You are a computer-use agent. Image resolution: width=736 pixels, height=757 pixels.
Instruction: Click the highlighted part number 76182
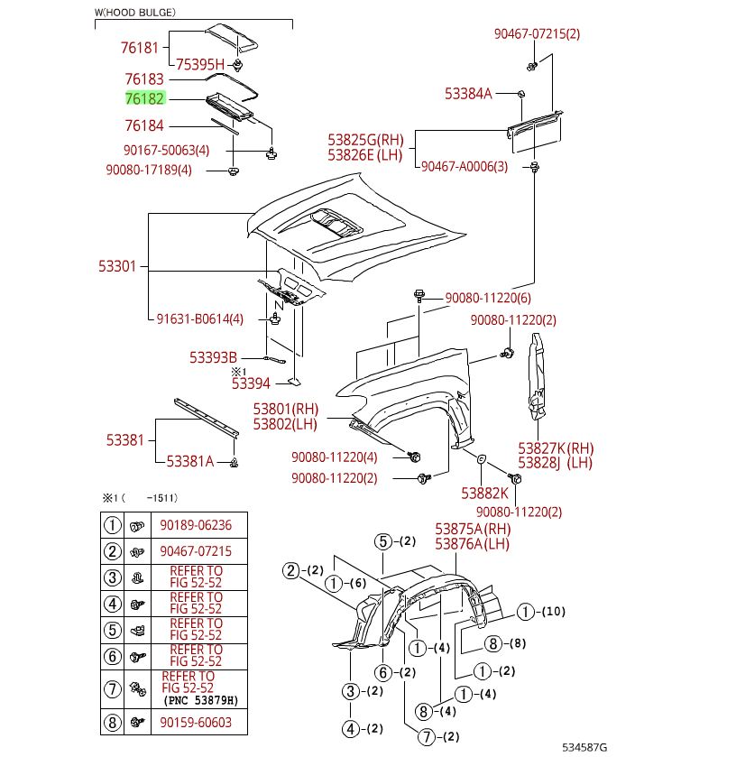144,99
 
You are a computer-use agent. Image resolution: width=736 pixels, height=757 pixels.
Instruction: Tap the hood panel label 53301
117,266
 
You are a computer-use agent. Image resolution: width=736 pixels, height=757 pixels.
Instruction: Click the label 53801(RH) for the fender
285,409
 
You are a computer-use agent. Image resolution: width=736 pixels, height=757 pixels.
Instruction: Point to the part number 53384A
468,93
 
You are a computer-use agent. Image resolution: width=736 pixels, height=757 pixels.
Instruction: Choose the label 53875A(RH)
473,529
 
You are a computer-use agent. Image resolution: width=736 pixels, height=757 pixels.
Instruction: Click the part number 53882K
484,494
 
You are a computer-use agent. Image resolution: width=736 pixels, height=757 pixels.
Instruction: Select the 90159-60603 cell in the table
196,723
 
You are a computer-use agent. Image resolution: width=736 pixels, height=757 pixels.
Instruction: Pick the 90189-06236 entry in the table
196,525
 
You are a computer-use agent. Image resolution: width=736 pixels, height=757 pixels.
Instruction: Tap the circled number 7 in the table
112,689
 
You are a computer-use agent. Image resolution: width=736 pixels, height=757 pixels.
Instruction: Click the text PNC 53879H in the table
201,700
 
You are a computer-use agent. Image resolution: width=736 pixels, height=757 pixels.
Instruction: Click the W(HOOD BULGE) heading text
135,13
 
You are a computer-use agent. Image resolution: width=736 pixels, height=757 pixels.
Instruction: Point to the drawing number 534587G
584,747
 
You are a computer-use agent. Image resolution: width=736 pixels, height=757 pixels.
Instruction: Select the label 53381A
189,461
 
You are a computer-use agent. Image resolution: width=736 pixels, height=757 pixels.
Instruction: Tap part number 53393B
213,356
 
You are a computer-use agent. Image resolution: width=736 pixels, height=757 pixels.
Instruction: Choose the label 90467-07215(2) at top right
537,33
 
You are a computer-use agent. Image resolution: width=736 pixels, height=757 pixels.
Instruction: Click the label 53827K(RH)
556,448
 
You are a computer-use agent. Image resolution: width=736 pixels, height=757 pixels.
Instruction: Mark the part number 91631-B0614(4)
199,318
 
